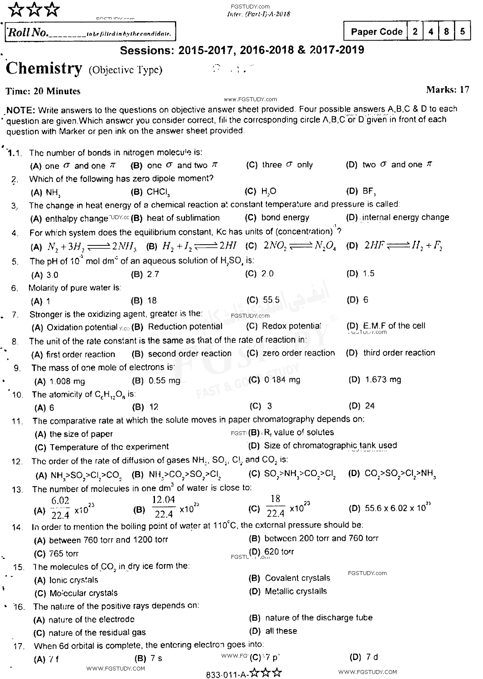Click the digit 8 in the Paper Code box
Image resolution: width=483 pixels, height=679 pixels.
447,32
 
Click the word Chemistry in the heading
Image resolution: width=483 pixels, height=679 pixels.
44,69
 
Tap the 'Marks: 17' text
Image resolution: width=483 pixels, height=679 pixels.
447,90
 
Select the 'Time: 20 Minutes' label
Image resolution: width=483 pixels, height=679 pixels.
43,91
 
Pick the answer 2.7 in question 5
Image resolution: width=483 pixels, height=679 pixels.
153,274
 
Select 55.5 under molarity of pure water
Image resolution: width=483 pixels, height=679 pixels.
271,300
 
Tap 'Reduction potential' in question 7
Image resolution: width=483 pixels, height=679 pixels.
185,327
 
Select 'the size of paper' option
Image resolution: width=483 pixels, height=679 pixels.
81,434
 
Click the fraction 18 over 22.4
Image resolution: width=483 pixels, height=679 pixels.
275,506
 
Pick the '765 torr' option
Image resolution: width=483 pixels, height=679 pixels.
64,554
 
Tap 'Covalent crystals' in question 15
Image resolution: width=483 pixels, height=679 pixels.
297,579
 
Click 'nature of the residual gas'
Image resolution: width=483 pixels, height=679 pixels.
97,633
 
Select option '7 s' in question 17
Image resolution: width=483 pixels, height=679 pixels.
156,659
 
